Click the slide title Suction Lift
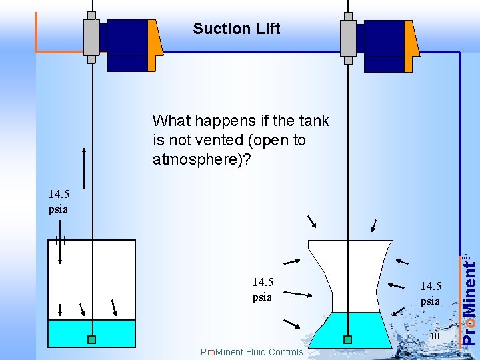click(x=236, y=29)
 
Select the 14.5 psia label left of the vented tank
click(x=59, y=201)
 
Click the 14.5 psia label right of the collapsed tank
click(x=430, y=293)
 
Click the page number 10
click(x=434, y=336)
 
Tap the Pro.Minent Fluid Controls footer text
click(x=251, y=352)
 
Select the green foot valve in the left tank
click(x=91, y=339)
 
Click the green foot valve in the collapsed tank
click(x=347, y=339)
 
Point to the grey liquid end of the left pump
click(x=91, y=37)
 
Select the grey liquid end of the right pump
click(x=347, y=37)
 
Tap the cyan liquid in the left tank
click(x=67, y=332)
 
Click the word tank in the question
click(x=314, y=121)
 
